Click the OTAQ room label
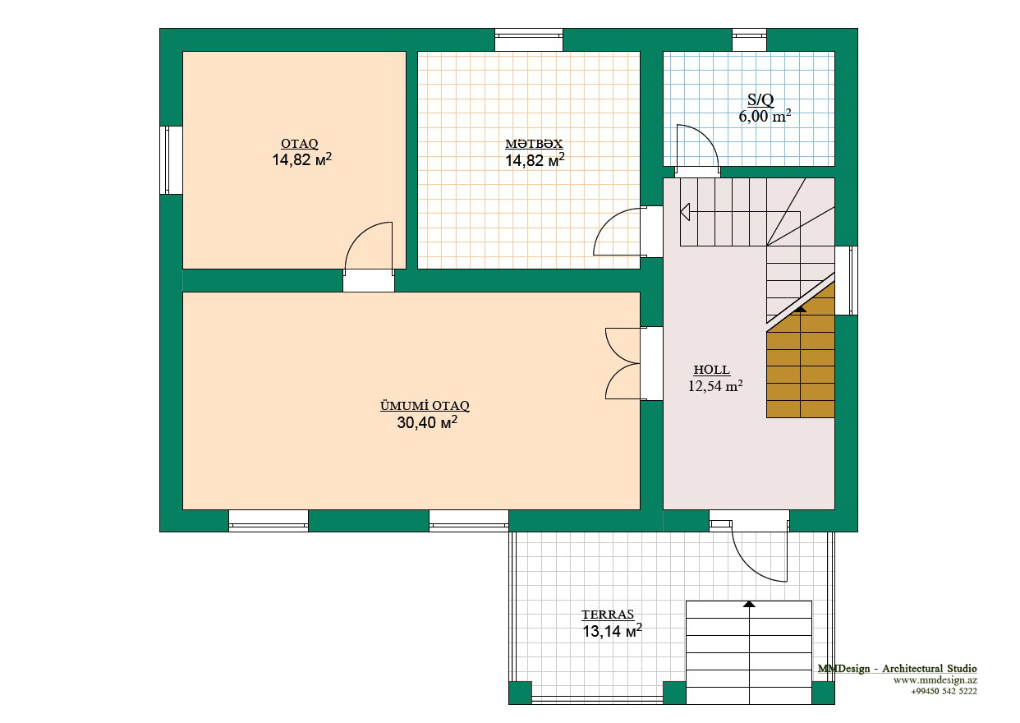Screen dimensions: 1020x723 pyautogui.click(x=299, y=144)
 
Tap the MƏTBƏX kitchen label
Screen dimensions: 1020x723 pyautogui.click(x=534, y=144)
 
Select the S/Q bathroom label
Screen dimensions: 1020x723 pyautogui.click(x=760, y=99)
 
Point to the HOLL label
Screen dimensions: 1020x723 pyautogui.click(x=712, y=370)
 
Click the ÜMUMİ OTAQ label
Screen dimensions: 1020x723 pyautogui.click(x=425, y=406)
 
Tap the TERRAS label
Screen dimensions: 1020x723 pyautogui.click(x=608, y=614)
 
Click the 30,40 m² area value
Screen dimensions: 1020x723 pyautogui.click(x=427, y=422)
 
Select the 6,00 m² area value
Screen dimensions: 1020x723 pyautogui.click(x=765, y=116)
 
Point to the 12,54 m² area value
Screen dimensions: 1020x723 pyautogui.click(x=715, y=386)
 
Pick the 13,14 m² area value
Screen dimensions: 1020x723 pyautogui.click(x=612, y=631)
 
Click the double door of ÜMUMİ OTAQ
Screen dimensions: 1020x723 pyautogui.click(x=623, y=363)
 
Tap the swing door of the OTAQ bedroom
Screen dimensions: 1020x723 pyautogui.click(x=369, y=248)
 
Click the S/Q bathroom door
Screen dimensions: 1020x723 pyautogui.click(x=697, y=149)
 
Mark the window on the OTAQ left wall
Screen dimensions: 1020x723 pyautogui.click(x=171, y=160)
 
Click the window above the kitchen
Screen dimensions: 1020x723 pyautogui.click(x=529, y=39)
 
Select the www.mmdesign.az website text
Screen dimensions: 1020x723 pyautogui.click(x=935, y=680)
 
